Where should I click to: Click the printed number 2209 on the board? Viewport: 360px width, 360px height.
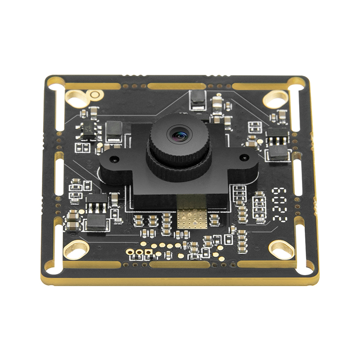tap(279, 205)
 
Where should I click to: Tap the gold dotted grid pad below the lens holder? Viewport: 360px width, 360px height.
tap(192, 218)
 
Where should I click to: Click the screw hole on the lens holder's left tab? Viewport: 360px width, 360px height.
tap(114, 159)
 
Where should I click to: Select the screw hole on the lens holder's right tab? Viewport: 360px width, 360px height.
tap(244, 157)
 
